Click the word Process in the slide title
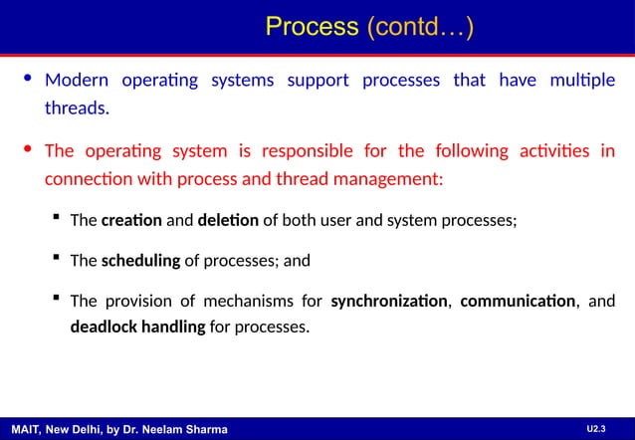(312, 29)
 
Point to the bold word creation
(131, 221)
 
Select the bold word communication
(517, 301)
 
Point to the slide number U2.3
(595, 428)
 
